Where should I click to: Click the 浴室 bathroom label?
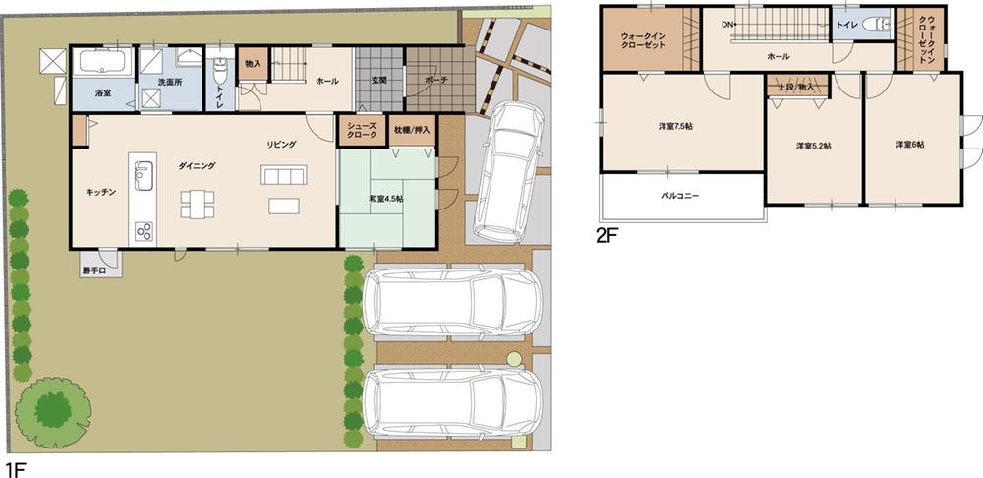[x=103, y=91]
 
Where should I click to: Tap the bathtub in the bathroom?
[x=103, y=63]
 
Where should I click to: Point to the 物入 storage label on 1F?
[x=253, y=64]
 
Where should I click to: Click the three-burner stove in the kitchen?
[x=144, y=231]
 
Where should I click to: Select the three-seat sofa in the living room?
[x=283, y=175]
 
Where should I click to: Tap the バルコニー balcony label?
[x=679, y=197]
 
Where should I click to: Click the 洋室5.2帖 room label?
[x=813, y=146]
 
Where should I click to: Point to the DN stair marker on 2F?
[x=727, y=24]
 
